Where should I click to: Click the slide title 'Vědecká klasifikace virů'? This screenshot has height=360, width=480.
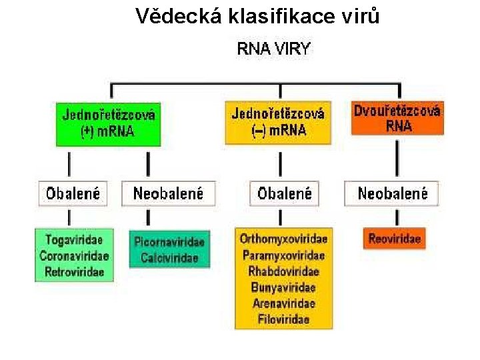[x=257, y=15]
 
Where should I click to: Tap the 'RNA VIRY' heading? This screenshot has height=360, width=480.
[x=274, y=49]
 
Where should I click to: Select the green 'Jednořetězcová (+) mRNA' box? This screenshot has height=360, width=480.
[x=108, y=123]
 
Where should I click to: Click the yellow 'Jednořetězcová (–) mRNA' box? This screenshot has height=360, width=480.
[x=278, y=122]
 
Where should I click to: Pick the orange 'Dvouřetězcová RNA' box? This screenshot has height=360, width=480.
[x=397, y=119]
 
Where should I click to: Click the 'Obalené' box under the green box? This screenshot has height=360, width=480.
[x=73, y=193]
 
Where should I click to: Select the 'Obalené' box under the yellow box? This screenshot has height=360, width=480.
[x=285, y=193]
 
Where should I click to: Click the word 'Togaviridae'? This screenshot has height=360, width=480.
[x=75, y=239]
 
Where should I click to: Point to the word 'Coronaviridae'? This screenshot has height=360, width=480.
[x=75, y=255]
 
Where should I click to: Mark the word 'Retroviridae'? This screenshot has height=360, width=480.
[x=75, y=271]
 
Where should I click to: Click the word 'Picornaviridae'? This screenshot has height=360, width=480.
[x=169, y=242]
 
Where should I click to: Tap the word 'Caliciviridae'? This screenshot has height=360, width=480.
[x=169, y=258]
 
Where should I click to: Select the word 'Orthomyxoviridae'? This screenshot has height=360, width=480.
[x=284, y=239]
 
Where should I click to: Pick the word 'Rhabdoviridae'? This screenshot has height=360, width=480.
[x=284, y=271]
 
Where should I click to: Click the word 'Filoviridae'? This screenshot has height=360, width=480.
[x=284, y=319]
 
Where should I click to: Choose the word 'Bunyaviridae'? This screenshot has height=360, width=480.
[x=284, y=287]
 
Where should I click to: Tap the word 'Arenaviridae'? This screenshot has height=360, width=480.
[x=284, y=303]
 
